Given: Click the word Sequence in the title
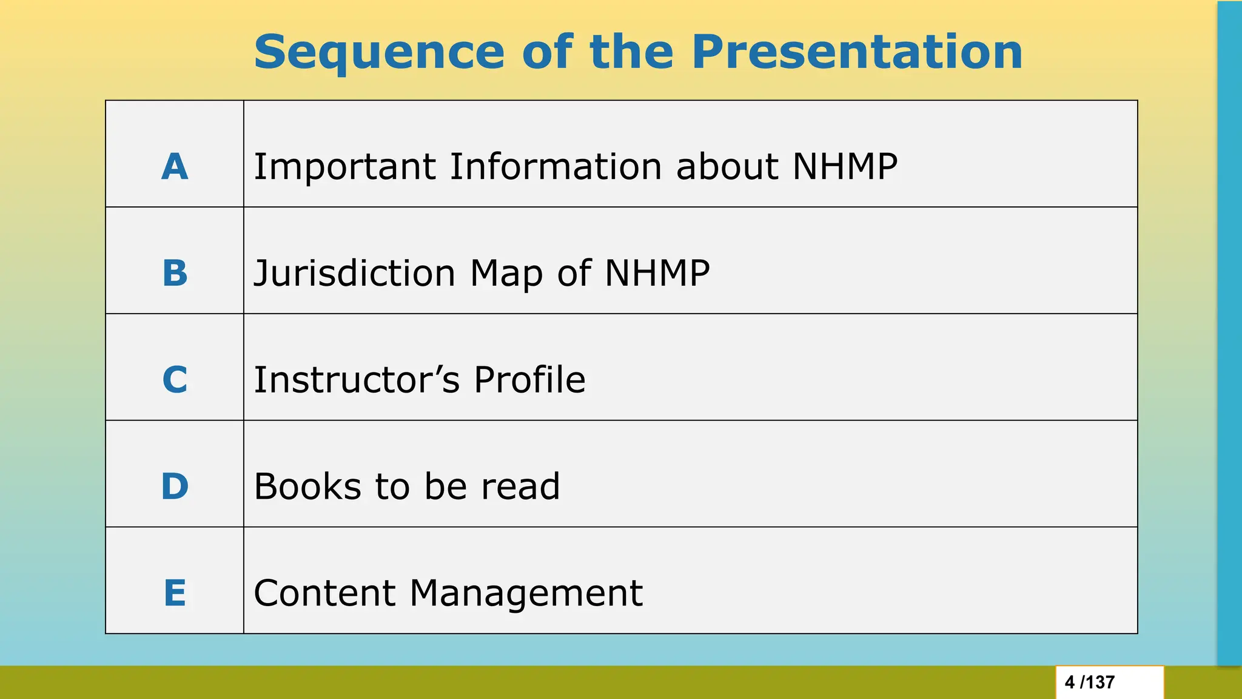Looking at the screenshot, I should (379, 53).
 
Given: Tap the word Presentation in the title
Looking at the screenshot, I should (857, 53).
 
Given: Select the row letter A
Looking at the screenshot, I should (175, 167).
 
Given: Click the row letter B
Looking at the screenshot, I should (175, 274).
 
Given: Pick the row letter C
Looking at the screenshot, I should (175, 380).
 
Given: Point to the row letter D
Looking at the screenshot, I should (175, 487).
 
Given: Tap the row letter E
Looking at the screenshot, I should (175, 593).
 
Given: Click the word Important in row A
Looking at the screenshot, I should (344, 167).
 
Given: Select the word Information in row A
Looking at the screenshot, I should (556, 167).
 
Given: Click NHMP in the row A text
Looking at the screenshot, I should (845, 167).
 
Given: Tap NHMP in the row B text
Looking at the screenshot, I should (657, 274).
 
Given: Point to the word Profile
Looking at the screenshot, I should (529, 380).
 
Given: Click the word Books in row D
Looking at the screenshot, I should (307, 487).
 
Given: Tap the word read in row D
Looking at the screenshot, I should (520, 487).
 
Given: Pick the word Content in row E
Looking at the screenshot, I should (324, 593).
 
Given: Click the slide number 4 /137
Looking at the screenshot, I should (1090, 683).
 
